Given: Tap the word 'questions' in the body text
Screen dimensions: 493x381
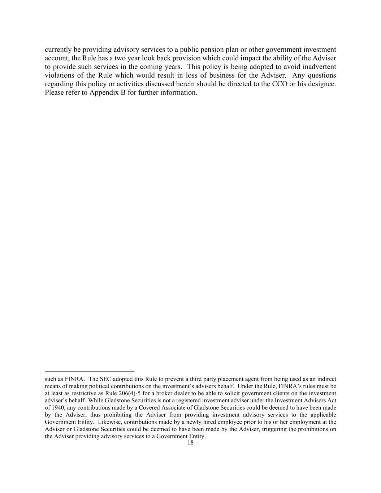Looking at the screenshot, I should [x=322, y=75].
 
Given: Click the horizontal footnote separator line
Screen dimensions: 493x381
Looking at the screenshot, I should [x=90, y=371].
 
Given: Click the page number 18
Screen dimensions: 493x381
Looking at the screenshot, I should [x=190, y=443].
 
